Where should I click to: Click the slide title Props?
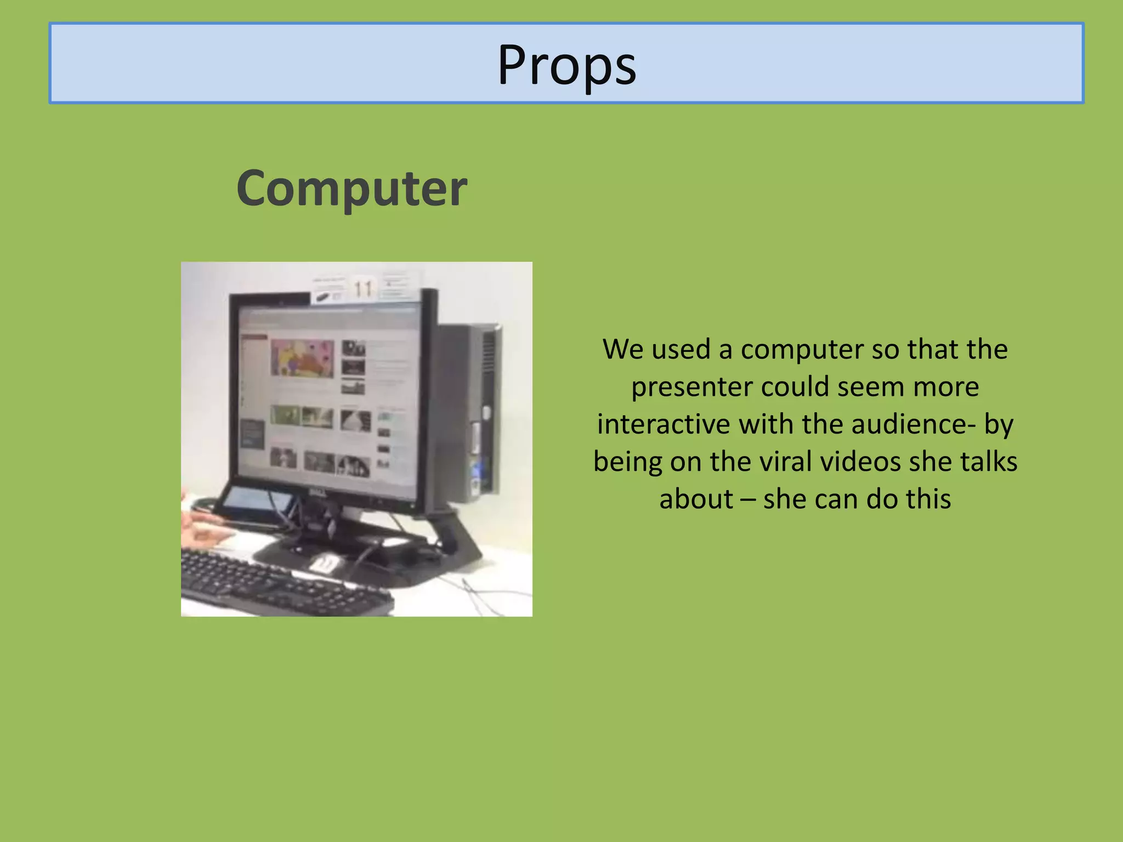tap(566, 65)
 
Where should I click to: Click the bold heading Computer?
tap(351, 188)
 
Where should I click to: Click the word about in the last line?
tap(695, 499)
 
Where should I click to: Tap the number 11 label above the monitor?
tap(363, 289)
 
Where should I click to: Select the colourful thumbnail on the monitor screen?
tap(302, 357)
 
